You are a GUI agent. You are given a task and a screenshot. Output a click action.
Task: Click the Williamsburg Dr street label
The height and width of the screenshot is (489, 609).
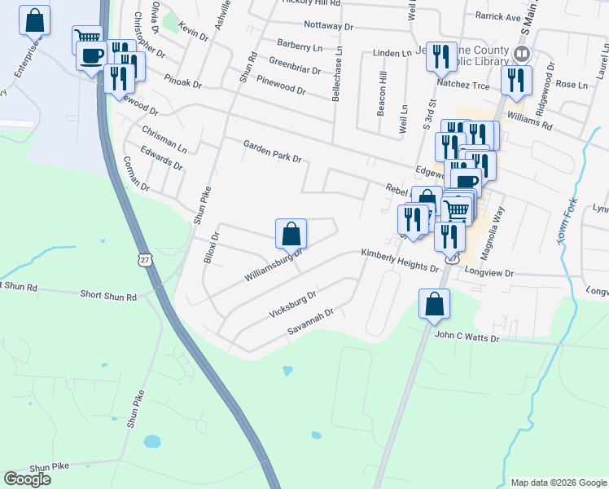[x=274, y=264]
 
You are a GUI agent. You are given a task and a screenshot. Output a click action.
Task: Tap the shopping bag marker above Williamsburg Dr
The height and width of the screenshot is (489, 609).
[x=291, y=234]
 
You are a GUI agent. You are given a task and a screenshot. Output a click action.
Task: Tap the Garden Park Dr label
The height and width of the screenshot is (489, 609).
[x=272, y=151]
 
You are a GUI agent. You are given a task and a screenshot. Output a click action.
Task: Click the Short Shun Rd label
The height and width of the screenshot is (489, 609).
[x=107, y=297]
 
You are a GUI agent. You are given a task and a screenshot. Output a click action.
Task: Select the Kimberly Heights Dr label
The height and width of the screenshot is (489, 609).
[x=400, y=260]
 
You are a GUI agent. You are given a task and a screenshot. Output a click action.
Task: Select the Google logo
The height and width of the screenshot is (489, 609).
[x=27, y=479]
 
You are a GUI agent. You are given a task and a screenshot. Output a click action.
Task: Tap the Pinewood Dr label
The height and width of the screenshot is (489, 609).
[x=280, y=85]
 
